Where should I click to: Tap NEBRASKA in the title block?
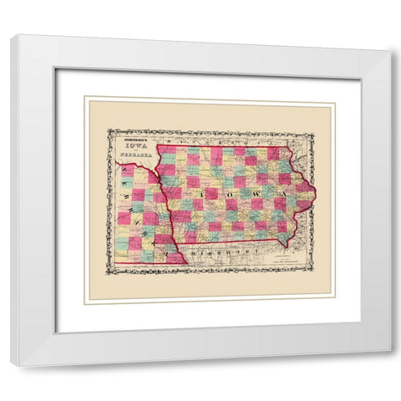(x=130, y=155)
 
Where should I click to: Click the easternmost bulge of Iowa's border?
(x=315, y=197)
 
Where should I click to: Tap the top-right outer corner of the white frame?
(x=388, y=52)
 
